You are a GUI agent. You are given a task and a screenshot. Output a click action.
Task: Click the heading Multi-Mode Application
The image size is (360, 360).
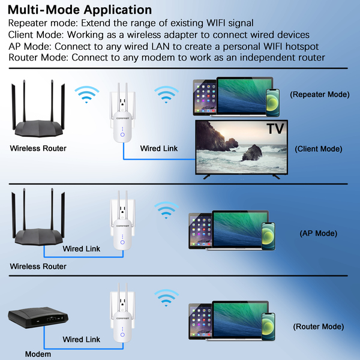[x=80, y=10]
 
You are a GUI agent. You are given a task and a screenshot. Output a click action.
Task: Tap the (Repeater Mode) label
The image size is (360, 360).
[x=319, y=95]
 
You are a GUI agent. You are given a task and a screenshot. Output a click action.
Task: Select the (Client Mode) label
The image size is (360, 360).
[x=319, y=149]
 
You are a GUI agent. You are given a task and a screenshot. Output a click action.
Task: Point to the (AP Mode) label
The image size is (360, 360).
[x=317, y=233]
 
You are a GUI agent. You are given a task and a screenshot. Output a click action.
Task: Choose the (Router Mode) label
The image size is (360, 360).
[x=318, y=327]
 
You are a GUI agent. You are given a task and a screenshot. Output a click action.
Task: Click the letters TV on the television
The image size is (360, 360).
[x=273, y=128]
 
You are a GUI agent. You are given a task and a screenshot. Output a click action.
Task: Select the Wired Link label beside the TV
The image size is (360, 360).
[x=158, y=148]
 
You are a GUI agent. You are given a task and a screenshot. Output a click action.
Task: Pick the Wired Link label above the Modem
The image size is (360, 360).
[x=81, y=340]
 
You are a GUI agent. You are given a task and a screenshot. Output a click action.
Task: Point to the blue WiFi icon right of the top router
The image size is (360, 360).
[x=86, y=94]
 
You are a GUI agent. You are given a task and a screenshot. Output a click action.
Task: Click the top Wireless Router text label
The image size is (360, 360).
[x=38, y=148]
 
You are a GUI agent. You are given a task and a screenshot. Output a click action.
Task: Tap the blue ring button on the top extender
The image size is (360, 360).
[x=122, y=136]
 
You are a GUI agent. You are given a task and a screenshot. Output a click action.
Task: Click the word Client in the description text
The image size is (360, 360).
[x=22, y=35]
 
